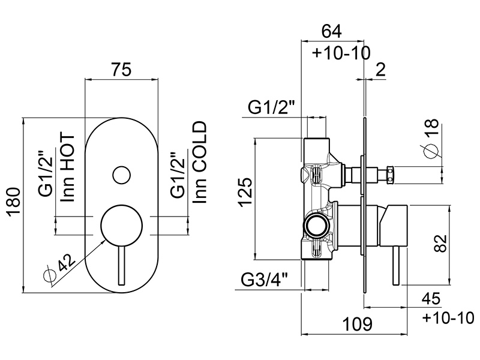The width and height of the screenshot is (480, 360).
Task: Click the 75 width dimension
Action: (122, 69)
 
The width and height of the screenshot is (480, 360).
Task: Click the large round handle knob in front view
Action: (122, 225)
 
